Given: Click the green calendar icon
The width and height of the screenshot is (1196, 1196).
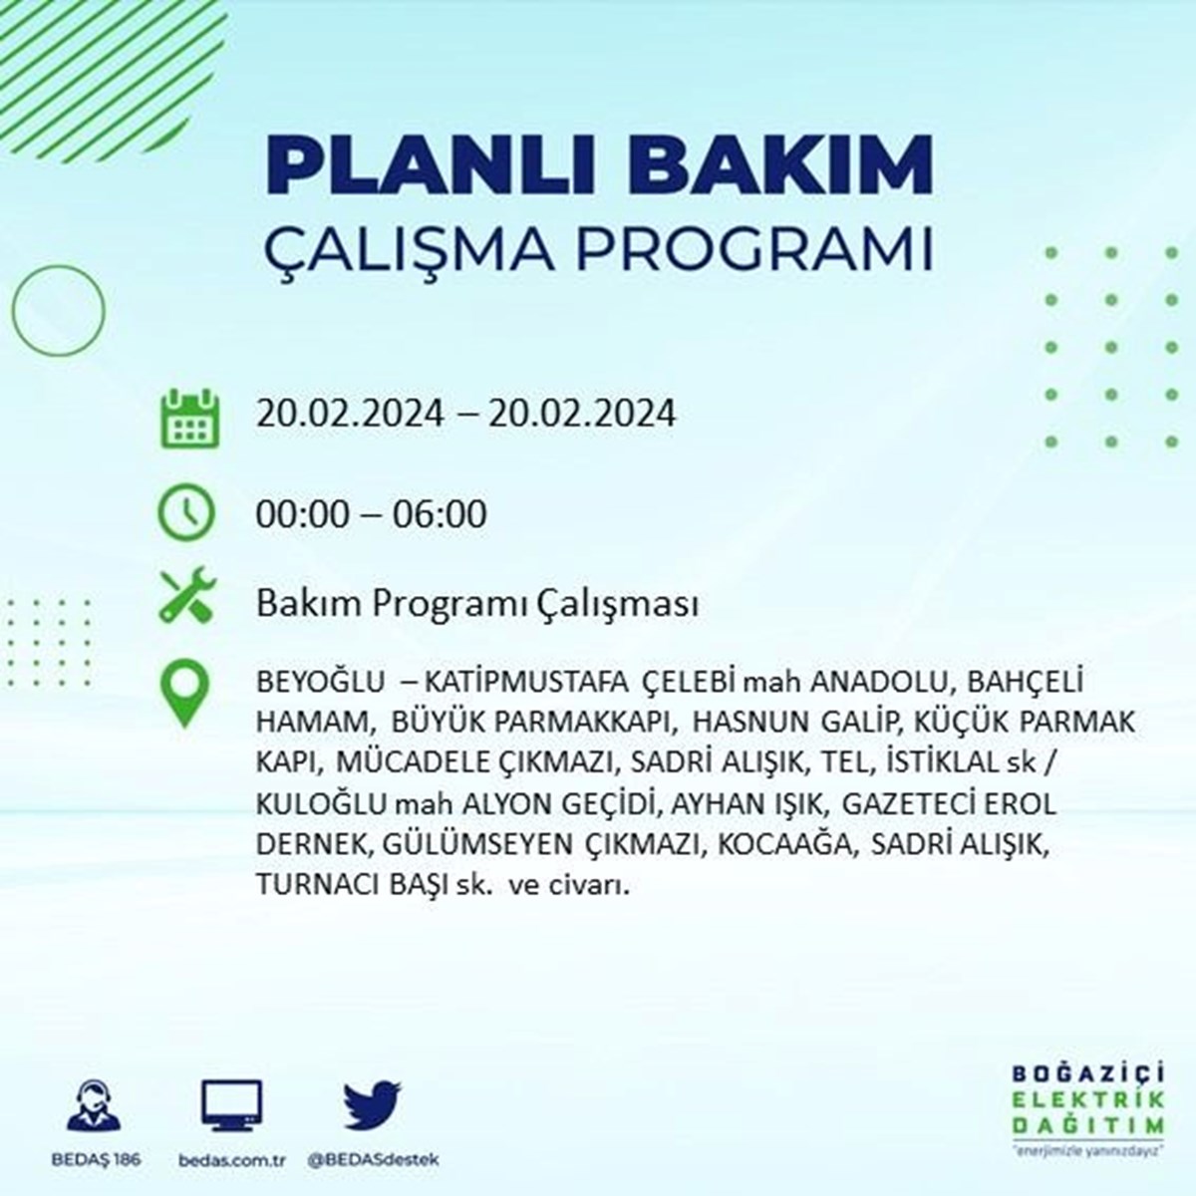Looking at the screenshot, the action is (190, 418).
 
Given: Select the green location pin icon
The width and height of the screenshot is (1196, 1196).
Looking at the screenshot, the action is (184, 694).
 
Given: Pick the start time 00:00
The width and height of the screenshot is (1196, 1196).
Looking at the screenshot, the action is (303, 514).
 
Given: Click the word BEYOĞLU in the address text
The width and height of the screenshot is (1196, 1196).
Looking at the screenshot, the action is (320, 682).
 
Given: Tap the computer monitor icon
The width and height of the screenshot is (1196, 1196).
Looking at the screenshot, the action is (231, 1105).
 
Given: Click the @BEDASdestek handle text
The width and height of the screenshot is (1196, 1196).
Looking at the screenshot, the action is (373, 1160).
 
